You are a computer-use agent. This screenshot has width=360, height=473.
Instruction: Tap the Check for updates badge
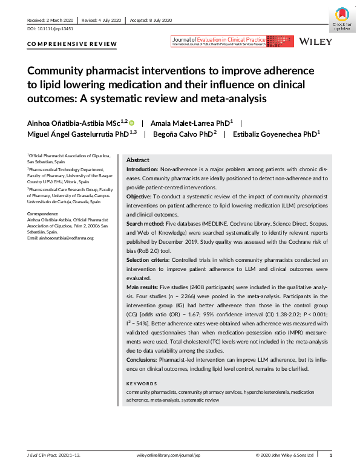click(x=341, y=19)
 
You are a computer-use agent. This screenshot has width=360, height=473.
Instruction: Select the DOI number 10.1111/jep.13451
click(x=48, y=29)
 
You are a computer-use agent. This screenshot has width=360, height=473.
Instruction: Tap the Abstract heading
click(x=138, y=160)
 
